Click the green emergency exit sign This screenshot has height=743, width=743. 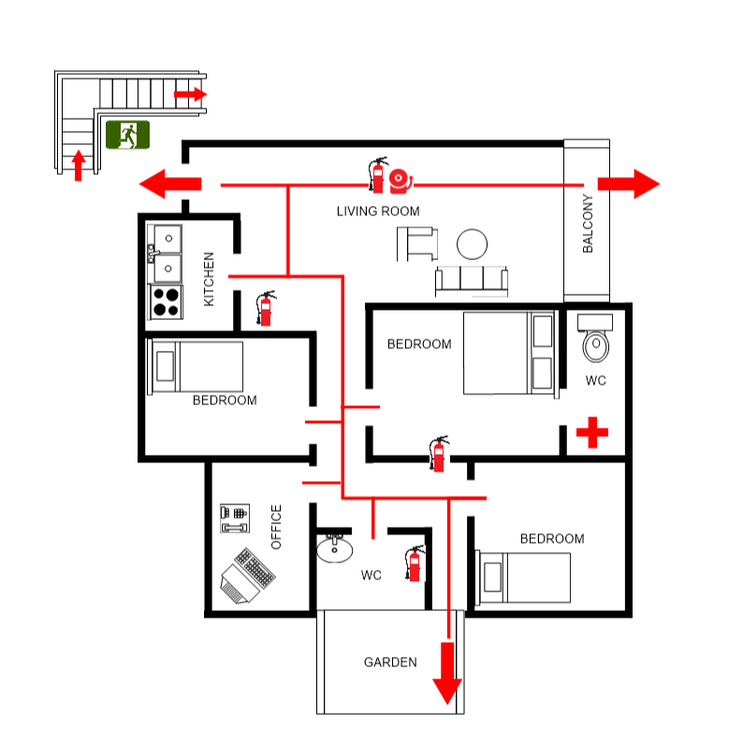tap(127, 135)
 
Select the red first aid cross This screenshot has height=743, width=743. tap(591, 432)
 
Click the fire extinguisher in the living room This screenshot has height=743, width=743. tap(378, 174)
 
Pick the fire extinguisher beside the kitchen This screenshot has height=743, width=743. tap(266, 308)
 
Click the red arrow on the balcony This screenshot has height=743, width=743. tap(628, 184)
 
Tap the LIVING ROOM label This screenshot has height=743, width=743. tap(378, 211)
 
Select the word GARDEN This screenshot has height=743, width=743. tap(390, 663)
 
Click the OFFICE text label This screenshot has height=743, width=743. tap(276, 527)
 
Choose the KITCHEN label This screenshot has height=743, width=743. tap(209, 278)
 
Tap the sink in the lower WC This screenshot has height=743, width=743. tap(334, 548)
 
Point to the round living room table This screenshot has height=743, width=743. tap(472, 244)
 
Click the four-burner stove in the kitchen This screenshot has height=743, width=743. tap(166, 302)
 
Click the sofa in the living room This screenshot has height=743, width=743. tap(471, 281)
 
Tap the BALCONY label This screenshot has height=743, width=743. tap(588, 224)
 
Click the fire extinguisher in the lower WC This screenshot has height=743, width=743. tap(414, 564)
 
